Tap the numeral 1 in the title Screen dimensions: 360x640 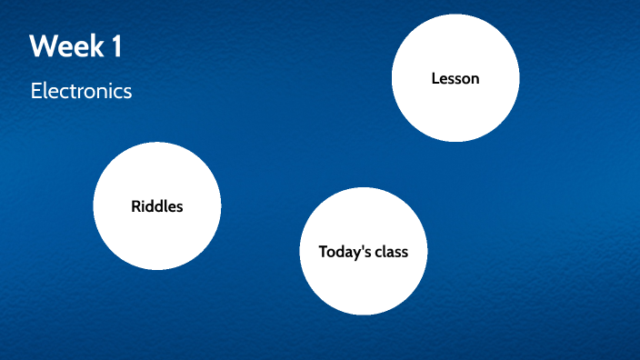[x=116, y=46]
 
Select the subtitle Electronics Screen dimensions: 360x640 [x=81, y=91]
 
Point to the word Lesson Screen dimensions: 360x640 [x=455, y=79]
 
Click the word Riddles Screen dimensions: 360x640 [x=156, y=206]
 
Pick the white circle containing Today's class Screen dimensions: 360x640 [x=363, y=282]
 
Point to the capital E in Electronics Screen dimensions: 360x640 [x=35, y=91]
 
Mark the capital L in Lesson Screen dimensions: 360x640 [x=435, y=79]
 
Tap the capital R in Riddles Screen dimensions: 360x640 [x=135, y=206]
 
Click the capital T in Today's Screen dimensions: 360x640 [x=323, y=252]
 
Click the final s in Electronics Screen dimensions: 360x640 [x=128, y=92]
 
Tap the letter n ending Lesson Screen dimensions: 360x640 [x=475, y=80]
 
